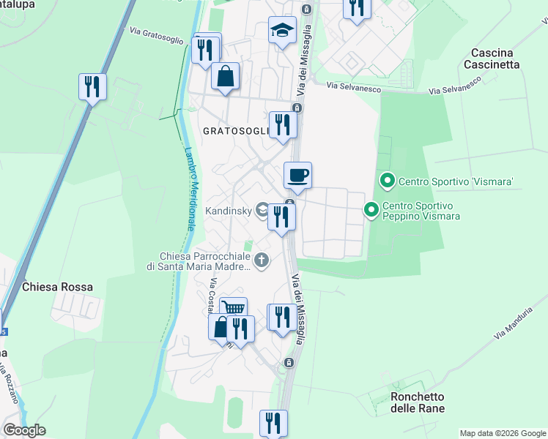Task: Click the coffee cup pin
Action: pyautogui.click(x=297, y=176)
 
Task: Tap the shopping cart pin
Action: pyautogui.click(x=233, y=309)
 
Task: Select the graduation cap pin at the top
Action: pyautogui.click(x=282, y=31)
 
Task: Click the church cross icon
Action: pyautogui.click(x=262, y=260)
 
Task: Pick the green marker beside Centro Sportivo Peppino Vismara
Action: pyautogui.click(x=371, y=211)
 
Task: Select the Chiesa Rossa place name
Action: pyautogui.click(x=58, y=287)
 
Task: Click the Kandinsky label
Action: pyautogui.click(x=229, y=211)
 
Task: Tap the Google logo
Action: pyautogui.click(x=24, y=429)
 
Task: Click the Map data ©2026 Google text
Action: pyautogui.click(x=502, y=433)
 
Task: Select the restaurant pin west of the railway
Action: pyautogui.click(x=92, y=87)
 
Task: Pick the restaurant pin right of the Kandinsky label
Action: pyautogui.click(x=281, y=217)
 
